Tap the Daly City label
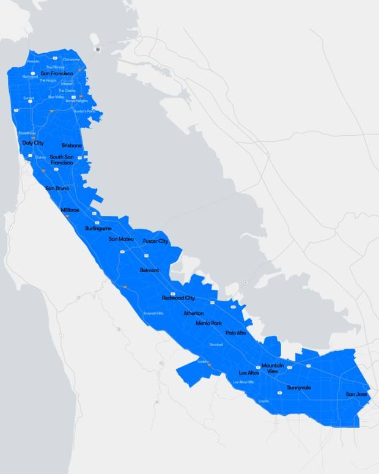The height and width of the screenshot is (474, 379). [33, 143]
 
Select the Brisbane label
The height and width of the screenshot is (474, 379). [72, 146]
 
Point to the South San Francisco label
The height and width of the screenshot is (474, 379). [62, 160]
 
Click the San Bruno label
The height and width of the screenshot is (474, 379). [57, 188]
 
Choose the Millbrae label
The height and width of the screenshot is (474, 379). [70, 210]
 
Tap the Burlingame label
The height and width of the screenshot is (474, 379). [98, 228]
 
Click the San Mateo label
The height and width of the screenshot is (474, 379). [121, 239]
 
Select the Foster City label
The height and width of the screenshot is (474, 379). [155, 242]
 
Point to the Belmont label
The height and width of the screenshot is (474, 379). [149, 270]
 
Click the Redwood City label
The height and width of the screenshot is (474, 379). [178, 298]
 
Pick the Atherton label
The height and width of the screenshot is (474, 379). [194, 313]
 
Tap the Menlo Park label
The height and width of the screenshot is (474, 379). [208, 323]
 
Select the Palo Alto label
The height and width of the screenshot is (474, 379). [235, 333]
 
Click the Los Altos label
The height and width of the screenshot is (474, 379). [249, 372]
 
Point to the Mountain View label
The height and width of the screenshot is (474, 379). [273, 368]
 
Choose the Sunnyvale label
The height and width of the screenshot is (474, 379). [299, 388]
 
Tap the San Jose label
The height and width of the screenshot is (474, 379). [356, 394]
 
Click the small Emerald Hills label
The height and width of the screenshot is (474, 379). [153, 313]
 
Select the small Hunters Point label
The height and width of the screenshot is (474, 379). [84, 111]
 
